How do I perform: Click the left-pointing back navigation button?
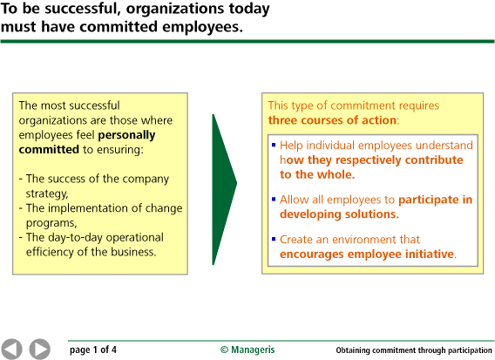point(12,349)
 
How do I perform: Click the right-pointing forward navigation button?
point(39,349)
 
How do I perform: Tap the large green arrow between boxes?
point(223,188)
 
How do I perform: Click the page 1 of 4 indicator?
point(93,350)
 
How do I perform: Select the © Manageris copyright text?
point(247,350)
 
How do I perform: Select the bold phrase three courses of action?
point(332,119)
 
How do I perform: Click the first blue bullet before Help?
point(273,145)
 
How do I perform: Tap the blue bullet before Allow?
point(273,199)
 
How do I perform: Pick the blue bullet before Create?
point(273,238)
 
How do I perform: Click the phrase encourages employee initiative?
point(367,255)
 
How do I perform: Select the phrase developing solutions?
point(339,214)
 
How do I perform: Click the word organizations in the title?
point(187,10)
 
